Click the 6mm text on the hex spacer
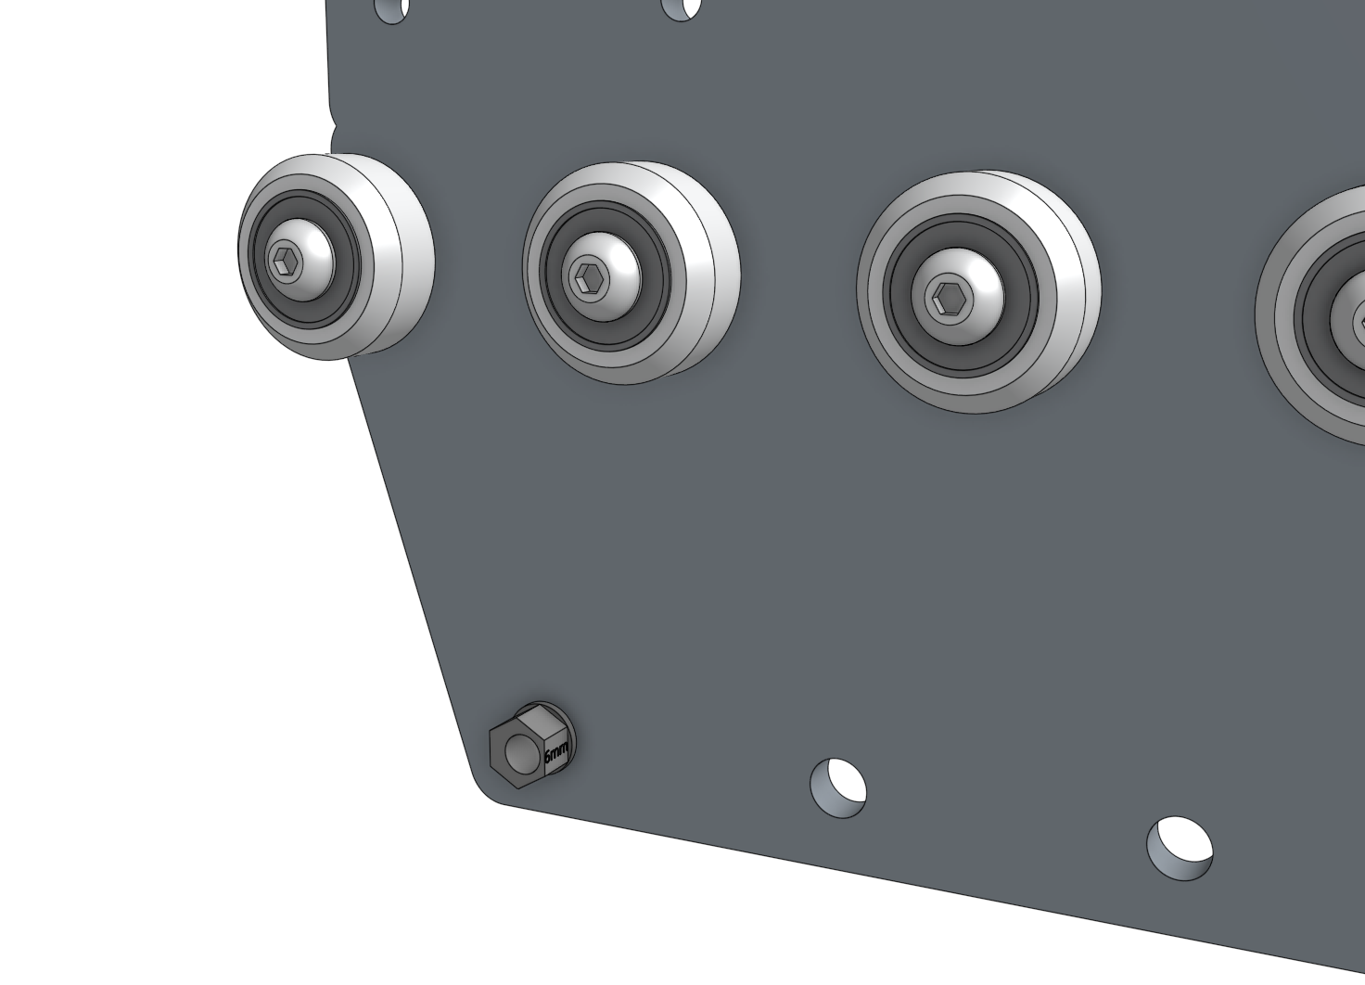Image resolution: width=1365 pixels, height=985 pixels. click(x=555, y=753)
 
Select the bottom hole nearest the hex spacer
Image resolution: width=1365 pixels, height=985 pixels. click(x=838, y=787)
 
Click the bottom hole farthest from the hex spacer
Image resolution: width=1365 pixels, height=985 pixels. click(x=1179, y=847)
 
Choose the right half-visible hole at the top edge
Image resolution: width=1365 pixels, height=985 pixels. click(x=682, y=7)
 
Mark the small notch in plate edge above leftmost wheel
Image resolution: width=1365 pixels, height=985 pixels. click(x=335, y=134)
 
